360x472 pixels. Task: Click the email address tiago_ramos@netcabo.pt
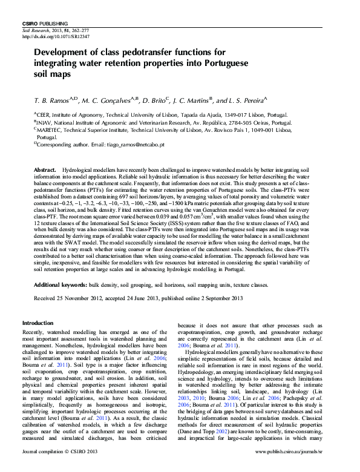(123, 145)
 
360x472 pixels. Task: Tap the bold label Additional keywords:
(59, 284)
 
